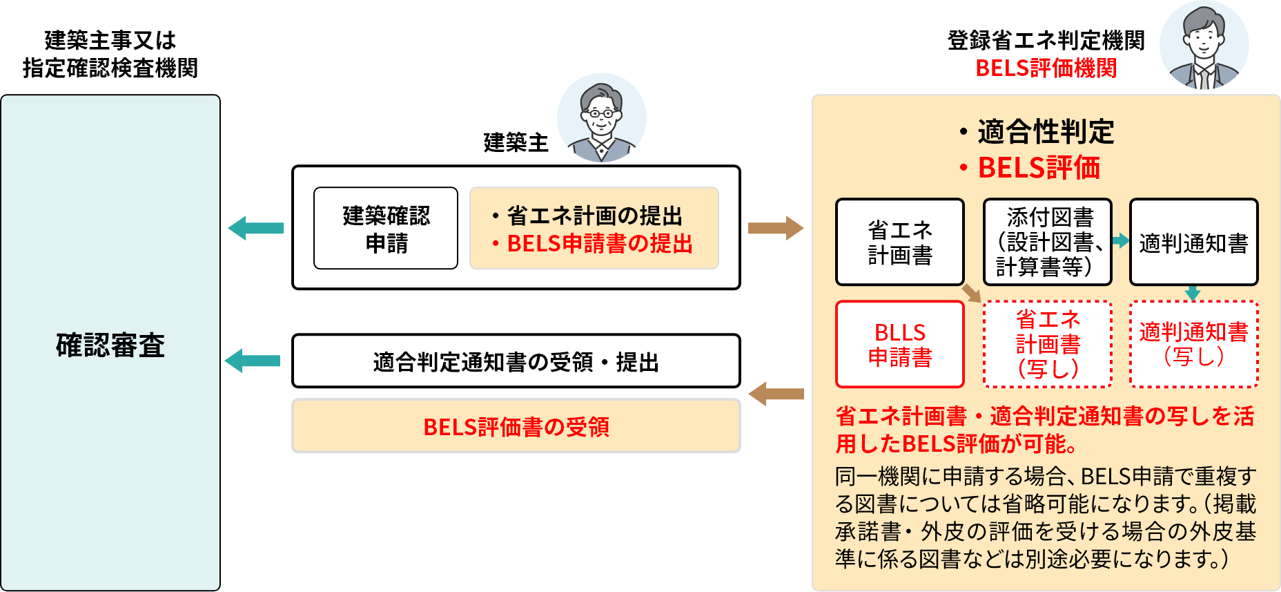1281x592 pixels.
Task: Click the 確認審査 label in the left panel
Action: [x=110, y=345]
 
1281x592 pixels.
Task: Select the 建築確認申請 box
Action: [x=386, y=229]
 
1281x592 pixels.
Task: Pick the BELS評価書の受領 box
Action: [x=516, y=426]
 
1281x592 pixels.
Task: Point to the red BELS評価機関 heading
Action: [x=1046, y=68]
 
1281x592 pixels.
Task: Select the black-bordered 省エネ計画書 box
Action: [x=900, y=242]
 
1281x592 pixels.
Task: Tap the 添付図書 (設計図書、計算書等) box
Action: [x=1048, y=242]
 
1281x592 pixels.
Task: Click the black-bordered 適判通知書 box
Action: [x=1193, y=242]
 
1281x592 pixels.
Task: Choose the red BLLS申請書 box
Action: [x=900, y=345]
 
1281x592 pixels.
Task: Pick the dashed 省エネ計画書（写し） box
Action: [x=1048, y=344]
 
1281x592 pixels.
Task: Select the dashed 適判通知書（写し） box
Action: [x=1193, y=344]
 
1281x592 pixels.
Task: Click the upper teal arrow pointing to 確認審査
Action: [x=255, y=228]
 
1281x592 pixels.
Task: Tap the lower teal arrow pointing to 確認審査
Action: [x=253, y=361]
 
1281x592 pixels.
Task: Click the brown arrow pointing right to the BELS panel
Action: [x=776, y=228]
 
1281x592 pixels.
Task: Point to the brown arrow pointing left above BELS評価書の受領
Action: [x=776, y=394]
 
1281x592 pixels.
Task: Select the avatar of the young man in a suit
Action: [x=1204, y=45]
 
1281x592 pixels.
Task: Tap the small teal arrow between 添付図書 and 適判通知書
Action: [x=1120, y=240]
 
